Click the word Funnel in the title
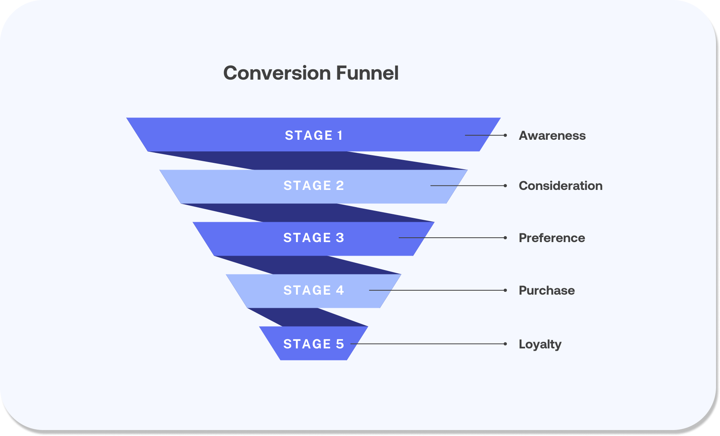(x=367, y=73)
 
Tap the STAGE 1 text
(x=313, y=135)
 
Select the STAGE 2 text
(x=313, y=186)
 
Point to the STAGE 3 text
(x=313, y=238)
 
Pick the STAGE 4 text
(x=313, y=290)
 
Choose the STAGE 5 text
(x=313, y=344)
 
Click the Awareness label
(x=552, y=136)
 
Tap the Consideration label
(x=560, y=186)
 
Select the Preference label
(x=552, y=238)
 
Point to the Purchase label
(x=547, y=291)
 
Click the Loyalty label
(x=540, y=344)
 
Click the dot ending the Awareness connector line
(x=505, y=135)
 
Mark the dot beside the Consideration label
(x=505, y=186)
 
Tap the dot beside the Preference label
(x=505, y=238)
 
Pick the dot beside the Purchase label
(x=505, y=290)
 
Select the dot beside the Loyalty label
(x=505, y=344)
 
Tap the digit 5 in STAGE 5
(x=340, y=344)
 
